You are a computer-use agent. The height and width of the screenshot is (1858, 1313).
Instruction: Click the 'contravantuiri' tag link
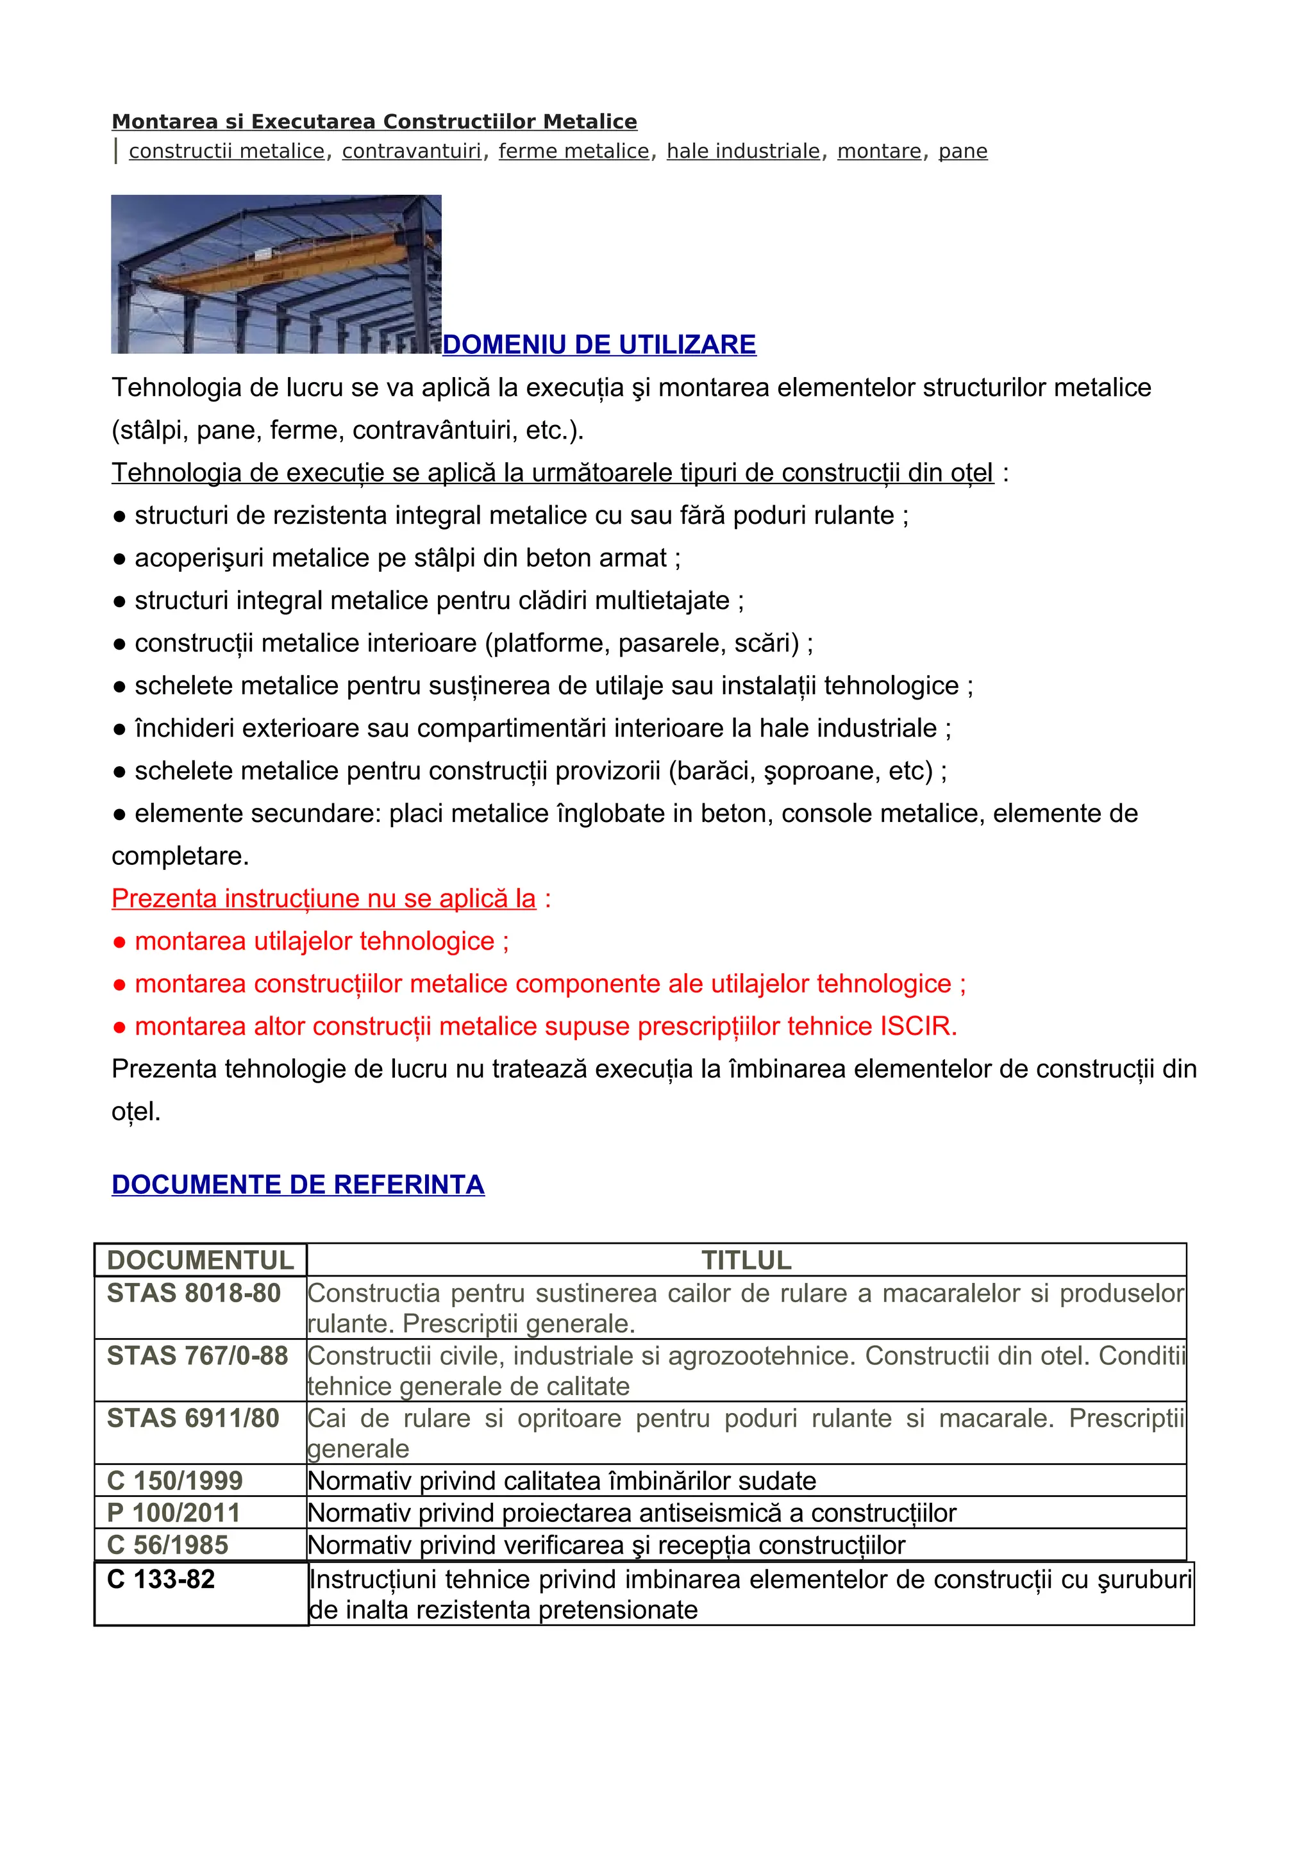(411, 151)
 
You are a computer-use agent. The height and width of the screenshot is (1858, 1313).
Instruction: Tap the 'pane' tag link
(963, 151)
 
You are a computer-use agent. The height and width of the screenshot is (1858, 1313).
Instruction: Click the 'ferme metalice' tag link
(574, 151)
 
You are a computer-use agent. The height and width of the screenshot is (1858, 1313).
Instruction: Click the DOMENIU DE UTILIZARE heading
(599, 345)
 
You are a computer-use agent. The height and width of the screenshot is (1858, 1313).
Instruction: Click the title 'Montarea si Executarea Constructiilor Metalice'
(374, 122)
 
